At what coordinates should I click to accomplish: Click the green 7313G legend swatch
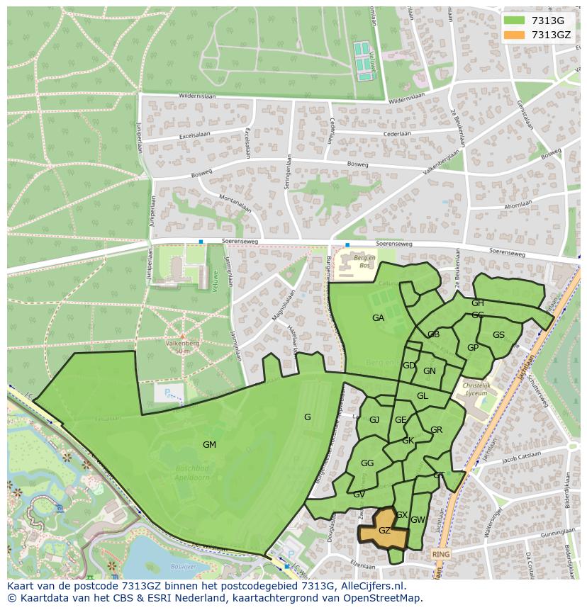[x=515, y=21]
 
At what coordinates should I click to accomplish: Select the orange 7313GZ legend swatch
[x=515, y=35]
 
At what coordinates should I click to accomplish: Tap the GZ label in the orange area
[x=384, y=531]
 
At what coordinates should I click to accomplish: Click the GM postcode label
[x=209, y=445]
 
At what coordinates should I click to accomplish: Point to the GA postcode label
[x=378, y=318]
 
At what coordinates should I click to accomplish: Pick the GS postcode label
[x=498, y=335]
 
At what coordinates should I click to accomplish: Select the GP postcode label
[x=473, y=348]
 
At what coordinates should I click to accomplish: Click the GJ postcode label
[x=374, y=420]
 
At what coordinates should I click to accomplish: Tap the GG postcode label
[x=367, y=463]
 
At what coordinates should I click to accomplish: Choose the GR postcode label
[x=436, y=430]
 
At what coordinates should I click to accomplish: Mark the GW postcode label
[x=418, y=520]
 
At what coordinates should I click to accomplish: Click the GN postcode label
[x=429, y=371]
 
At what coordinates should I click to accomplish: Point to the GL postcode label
[x=422, y=396]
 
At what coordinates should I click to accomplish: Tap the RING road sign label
[x=441, y=554]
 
